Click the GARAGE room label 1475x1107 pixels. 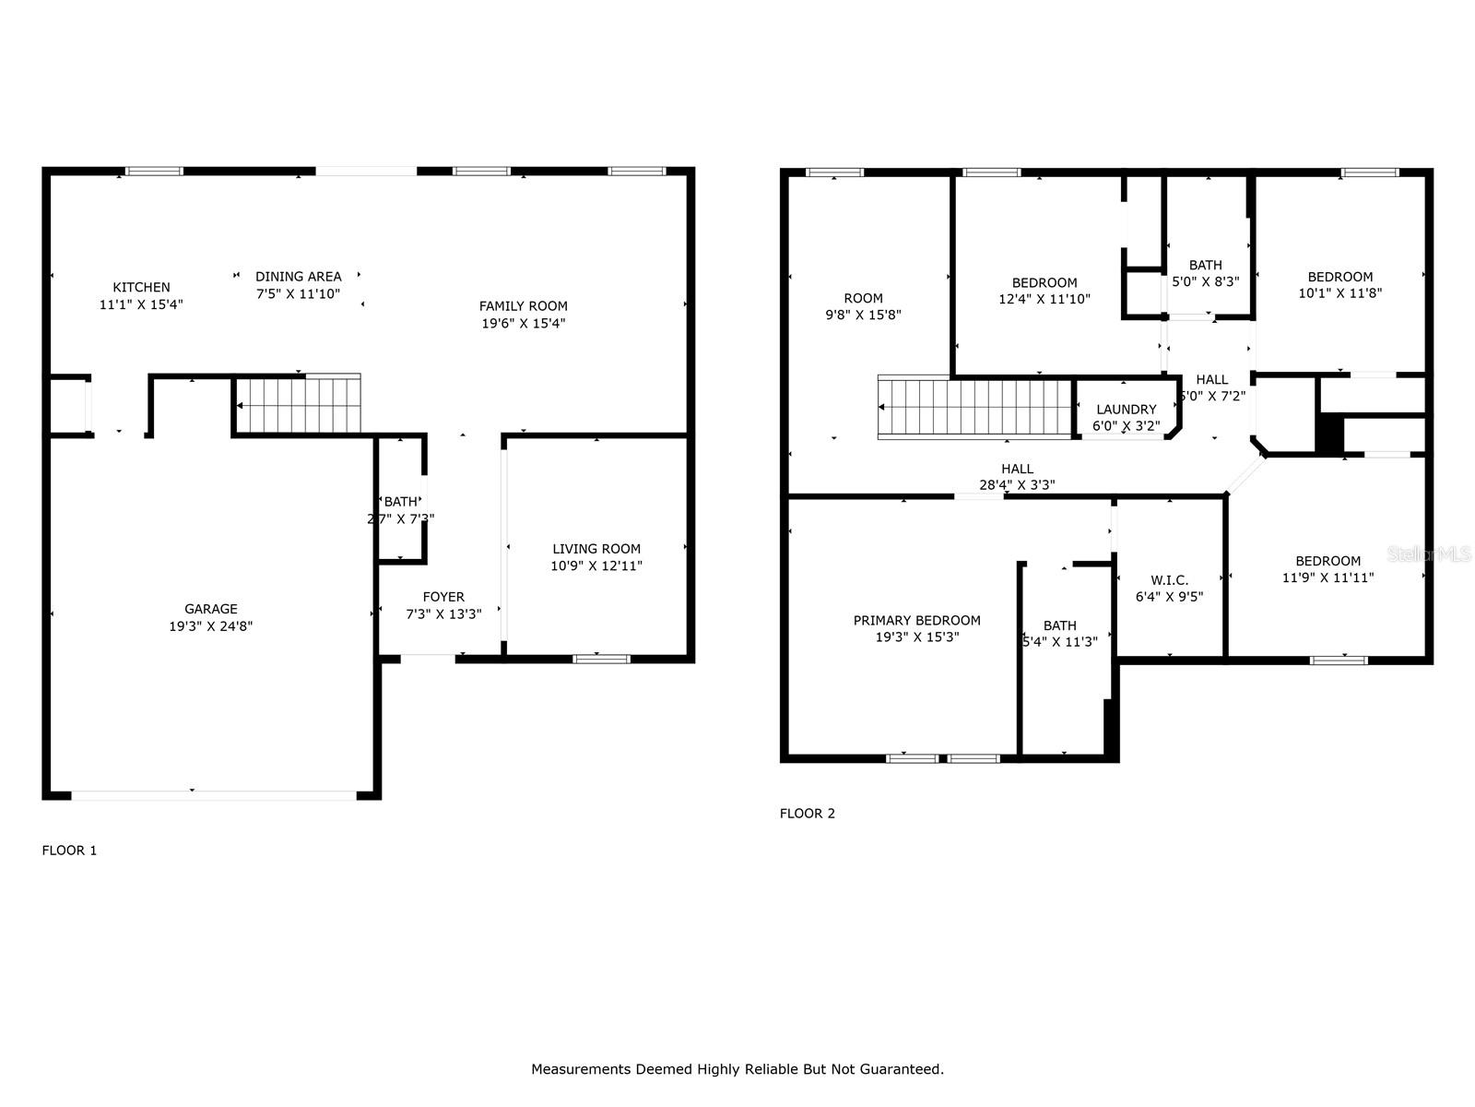coord(211,609)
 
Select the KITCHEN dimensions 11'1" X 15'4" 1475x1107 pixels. coord(141,304)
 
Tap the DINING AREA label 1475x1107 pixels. coord(298,276)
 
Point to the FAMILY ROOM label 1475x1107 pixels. coord(523,306)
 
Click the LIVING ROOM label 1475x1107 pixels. coord(596,549)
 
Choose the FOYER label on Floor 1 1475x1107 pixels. coord(443,597)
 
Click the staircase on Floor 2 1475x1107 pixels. coord(975,407)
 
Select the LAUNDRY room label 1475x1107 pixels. coord(1126,410)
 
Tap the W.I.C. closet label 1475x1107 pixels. coord(1169,580)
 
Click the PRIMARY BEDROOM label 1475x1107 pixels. coord(916,621)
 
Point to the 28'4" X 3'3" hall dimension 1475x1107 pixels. coord(1017,485)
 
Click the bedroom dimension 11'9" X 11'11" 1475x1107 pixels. coord(1327,578)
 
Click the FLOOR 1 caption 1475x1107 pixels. coord(69,851)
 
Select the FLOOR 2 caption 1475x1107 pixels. coord(808,814)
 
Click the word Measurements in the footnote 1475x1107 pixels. coord(581,1069)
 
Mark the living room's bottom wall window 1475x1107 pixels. coord(601,658)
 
